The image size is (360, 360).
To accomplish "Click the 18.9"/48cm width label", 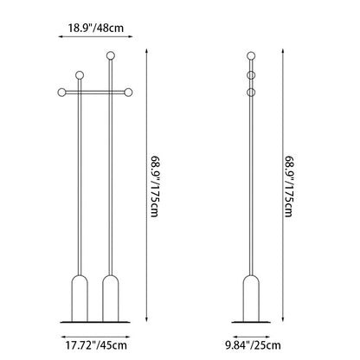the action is tap(96, 28).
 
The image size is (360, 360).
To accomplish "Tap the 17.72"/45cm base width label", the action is tap(96, 345).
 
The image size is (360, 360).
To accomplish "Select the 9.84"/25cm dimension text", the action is tap(253, 345).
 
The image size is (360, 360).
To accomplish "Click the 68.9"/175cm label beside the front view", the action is tap(155, 187).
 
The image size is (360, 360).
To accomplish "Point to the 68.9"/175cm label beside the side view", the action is tap(289, 187).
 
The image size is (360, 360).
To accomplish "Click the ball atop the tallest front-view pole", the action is tap(111, 55).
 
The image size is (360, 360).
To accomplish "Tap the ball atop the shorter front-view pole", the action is tap(80, 75).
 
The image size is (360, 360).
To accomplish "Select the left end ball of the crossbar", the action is tap(61, 93).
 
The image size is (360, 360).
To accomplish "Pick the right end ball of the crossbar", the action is tap(128, 93).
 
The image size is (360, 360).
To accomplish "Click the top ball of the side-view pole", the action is tap(251, 55).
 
